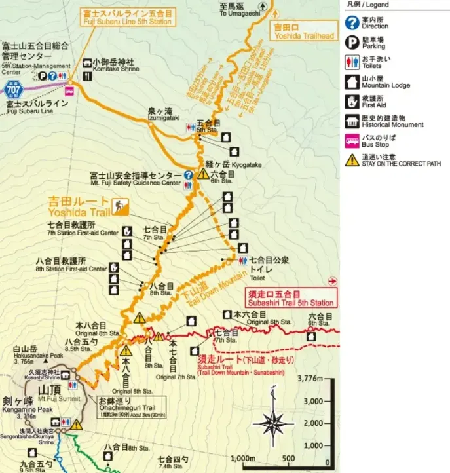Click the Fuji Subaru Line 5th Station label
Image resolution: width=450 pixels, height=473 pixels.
(127, 16)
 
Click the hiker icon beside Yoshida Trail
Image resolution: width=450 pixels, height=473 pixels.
(121, 207)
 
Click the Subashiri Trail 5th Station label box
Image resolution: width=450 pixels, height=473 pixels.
(290, 298)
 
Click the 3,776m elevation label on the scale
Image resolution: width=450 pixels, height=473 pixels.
(311, 378)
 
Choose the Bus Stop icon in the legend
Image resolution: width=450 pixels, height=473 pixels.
(352, 140)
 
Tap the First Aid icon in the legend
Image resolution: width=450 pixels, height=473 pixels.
(352, 101)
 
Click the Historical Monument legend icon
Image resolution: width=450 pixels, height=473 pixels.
(352, 121)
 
